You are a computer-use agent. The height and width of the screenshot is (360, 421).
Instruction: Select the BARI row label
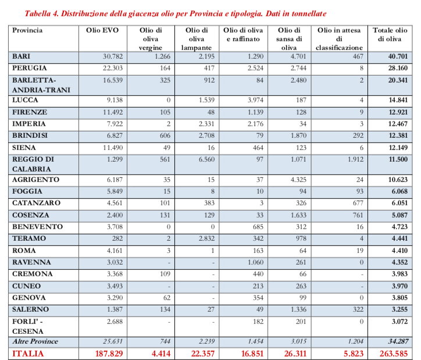(x=22, y=56)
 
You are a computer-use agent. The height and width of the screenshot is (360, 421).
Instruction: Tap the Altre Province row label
(x=35, y=341)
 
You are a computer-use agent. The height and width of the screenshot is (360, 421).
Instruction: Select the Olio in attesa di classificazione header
(x=341, y=38)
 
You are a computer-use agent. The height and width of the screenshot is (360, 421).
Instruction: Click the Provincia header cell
(x=28, y=30)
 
